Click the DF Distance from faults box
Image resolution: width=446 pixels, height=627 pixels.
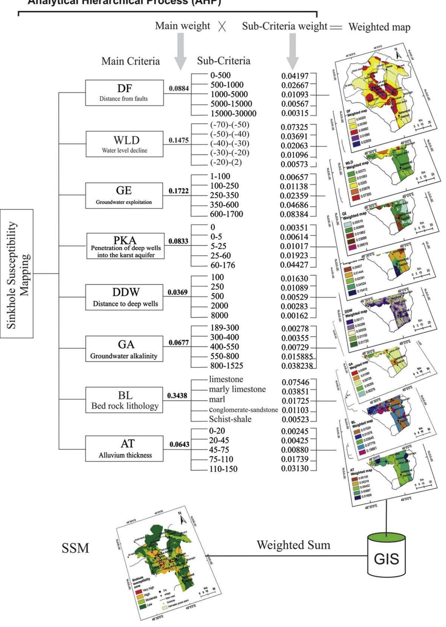tap(124, 93)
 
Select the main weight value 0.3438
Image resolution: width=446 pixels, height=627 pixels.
tap(178, 396)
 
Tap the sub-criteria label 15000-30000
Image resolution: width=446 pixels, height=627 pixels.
tap(233, 113)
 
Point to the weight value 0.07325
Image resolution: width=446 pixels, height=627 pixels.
tap(294, 127)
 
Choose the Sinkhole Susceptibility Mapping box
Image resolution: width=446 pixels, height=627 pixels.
tap(17, 273)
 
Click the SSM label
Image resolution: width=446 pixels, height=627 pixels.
tap(75, 548)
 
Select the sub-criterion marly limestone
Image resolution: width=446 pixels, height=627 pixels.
tap(237, 389)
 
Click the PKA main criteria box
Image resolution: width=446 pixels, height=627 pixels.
tap(125, 246)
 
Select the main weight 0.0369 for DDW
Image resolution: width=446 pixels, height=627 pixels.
tap(178, 292)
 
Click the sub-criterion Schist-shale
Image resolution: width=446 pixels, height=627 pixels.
tap(230, 419)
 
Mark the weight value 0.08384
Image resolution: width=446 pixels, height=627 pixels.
tap(294, 214)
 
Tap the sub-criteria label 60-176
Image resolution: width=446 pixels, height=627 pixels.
tap(223, 265)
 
